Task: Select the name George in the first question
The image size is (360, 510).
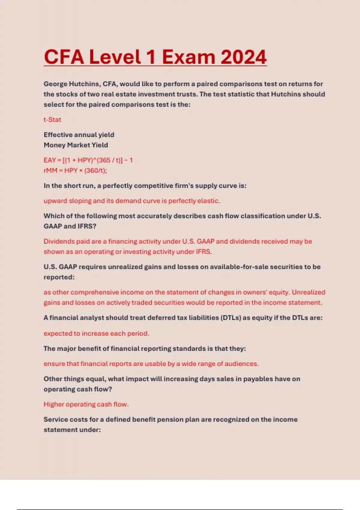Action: coord(55,84)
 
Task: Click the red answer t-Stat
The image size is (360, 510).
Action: coord(52,120)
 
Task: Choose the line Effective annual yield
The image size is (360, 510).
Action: coord(79,135)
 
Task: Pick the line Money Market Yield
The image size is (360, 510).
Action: coord(76,145)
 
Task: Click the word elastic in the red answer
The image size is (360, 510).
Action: coord(209,201)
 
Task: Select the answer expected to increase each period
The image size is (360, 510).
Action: coord(96,334)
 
